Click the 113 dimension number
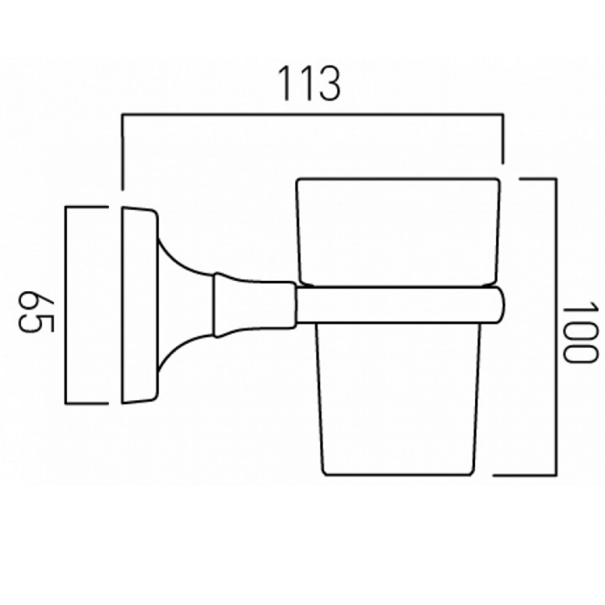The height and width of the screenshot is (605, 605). point(310,83)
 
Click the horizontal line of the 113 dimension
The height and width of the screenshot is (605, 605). point(313,114)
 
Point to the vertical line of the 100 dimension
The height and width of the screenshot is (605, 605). point(555,327)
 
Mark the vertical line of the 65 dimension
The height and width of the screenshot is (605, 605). point(66,305)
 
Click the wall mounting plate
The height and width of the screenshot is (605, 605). point(139,305)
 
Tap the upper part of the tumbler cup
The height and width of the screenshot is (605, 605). point(398,232)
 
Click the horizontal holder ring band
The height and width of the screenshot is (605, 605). point(400,305)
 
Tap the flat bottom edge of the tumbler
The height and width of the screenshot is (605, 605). point(398,474)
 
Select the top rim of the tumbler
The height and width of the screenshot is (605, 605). point(398,179)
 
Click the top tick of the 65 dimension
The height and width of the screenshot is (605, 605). point(86,208)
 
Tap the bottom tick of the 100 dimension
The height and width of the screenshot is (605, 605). point(525,474)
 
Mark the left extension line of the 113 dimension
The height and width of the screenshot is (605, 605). point(122,152)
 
